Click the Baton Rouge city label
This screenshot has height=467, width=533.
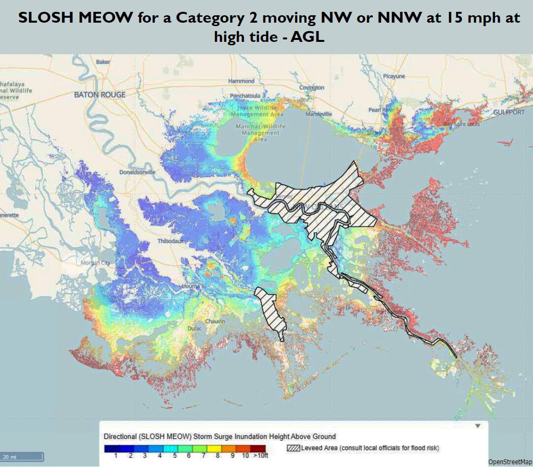tap(100, 94)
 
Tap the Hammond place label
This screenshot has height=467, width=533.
tap(241, 81)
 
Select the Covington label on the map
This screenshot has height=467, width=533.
tap(311, 87)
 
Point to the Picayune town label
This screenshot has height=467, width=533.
tap(394, 76)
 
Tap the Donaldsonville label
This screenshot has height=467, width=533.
tap(137, 172)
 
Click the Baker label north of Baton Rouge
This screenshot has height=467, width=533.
tap(103, 62)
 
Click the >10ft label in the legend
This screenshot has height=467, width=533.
tap(259, 456)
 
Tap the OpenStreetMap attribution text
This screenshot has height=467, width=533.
tap(510, 462)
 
